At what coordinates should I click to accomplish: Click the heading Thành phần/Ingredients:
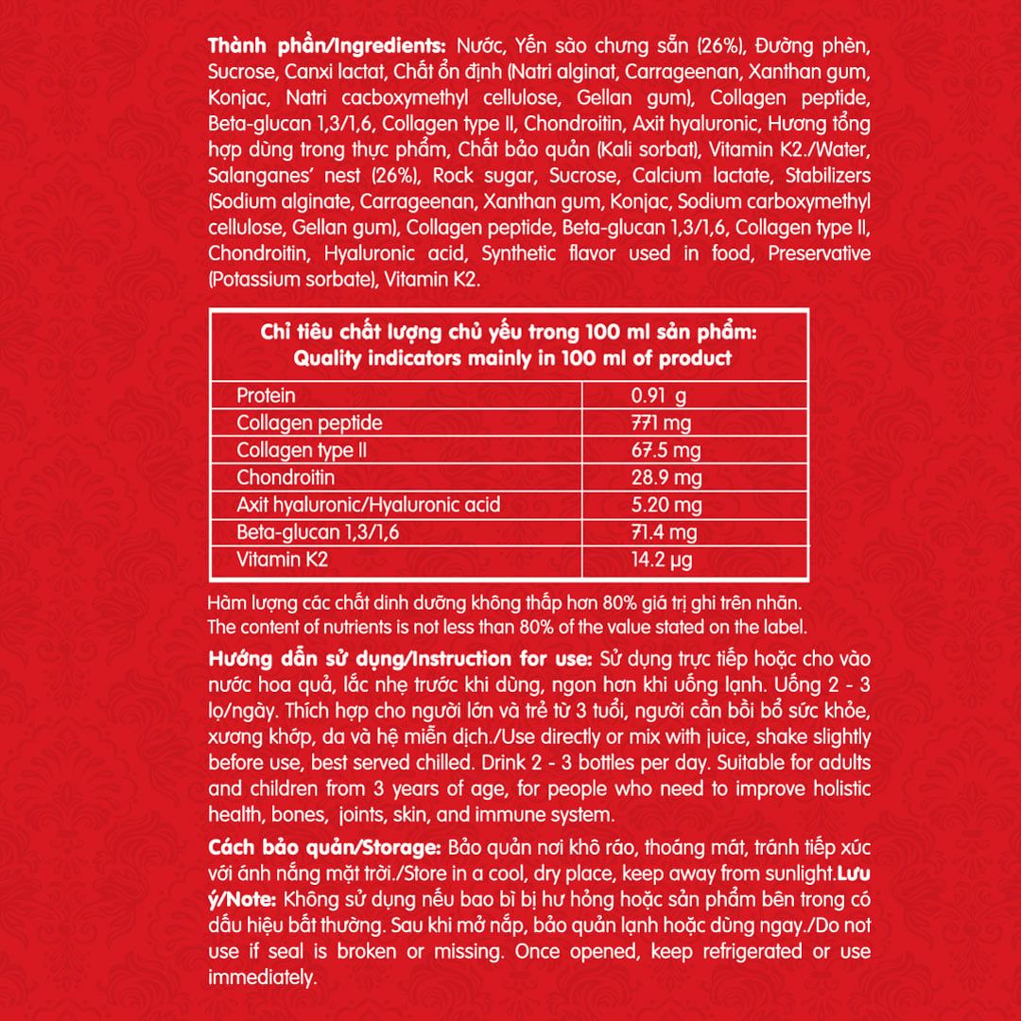(x=329, y=45)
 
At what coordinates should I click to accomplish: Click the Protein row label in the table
(x=266, y=395)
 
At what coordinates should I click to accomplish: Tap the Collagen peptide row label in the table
(x=309, y=423)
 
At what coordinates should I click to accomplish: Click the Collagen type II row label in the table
(x=301, y=450)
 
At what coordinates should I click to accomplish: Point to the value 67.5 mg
(x=666, y=450)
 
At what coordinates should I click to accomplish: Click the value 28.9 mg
(x=666, y=477)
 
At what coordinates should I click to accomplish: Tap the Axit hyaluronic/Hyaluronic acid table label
(x=368, y=505)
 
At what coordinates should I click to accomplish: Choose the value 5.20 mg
(x=666, y=505)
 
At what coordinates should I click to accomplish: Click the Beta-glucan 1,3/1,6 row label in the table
(x=318, y=532)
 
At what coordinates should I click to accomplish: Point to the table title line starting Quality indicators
(x=511, y=358)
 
